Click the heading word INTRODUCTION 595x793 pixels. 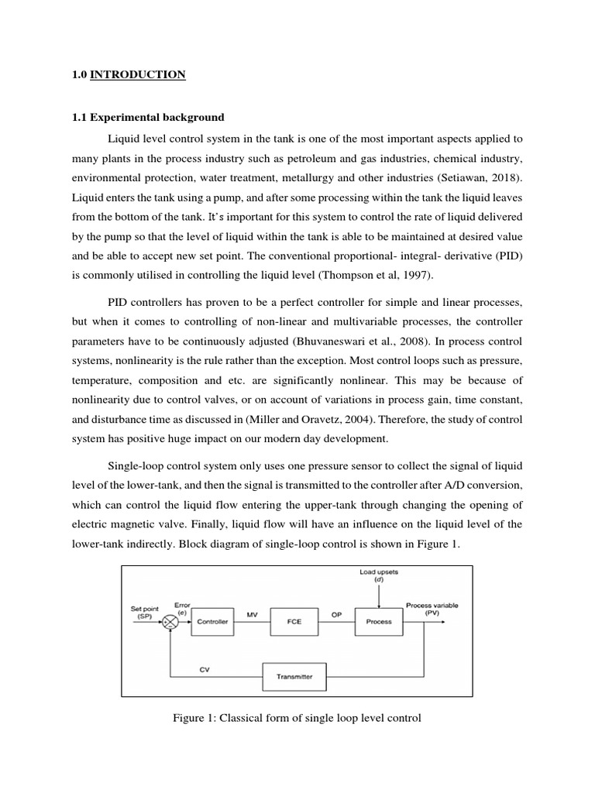point(138,75)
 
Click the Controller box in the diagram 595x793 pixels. point(213,621)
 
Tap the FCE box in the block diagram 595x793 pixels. point(294,621)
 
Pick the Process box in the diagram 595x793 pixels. point(378,621)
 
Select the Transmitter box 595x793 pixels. point(294,676)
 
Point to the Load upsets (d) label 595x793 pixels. point(378,576)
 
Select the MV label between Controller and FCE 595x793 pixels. point(252,614)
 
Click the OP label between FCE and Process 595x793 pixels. point(337,614)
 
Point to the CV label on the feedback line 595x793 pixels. point(205,670)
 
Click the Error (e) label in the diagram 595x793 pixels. point(182,608)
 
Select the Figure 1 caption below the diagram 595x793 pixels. point(297,718)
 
